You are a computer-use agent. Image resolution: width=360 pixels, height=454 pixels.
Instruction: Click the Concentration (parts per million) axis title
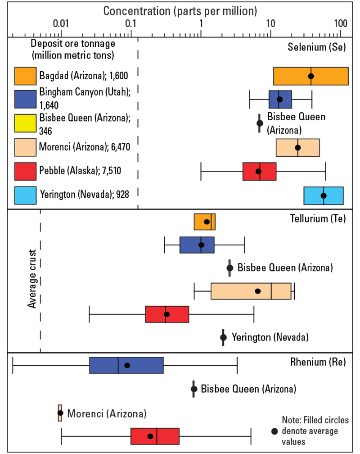click(x=180, y=10)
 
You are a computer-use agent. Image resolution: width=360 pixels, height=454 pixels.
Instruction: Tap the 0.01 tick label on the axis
click(x=61, y=23)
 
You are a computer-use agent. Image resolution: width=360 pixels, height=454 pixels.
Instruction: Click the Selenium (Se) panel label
click(x=316, y=47)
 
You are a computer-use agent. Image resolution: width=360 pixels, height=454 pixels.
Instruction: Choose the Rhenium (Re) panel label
click(x=319, y=362)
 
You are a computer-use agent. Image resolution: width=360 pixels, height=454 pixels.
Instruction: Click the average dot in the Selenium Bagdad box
click(x=311, y=76)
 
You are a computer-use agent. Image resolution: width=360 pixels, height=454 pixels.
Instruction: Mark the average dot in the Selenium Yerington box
click(x=324, y=195)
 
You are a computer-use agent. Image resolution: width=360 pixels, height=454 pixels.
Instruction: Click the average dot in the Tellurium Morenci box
click(x=258, y=291)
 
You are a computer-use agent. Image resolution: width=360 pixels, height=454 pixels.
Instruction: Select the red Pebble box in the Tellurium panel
click(x=167, y=314)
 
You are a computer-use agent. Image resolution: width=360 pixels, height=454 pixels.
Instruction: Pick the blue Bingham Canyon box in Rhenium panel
click(x=126, y=365)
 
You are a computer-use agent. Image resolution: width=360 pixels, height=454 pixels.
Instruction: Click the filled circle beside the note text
click(x=274, y=431)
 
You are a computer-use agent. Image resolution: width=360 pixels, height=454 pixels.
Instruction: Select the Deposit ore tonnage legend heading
click(x=73, y=50)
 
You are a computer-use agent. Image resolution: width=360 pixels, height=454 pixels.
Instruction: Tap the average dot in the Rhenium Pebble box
click(x=150, y=436)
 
